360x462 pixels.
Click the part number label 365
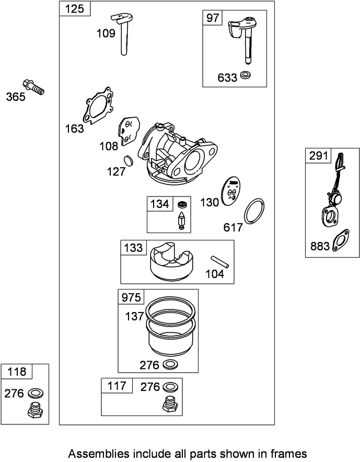click(x=16, y=97)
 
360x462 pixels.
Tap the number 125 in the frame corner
click(x=75, y=9)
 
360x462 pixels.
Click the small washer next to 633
click(x=246, y=75)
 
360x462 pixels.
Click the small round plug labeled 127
click(x=129, y=161)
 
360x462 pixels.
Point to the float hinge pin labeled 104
click(x=220, y=262)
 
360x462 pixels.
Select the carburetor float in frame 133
click(x=171, y=261)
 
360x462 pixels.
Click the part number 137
click(x=134, y=316)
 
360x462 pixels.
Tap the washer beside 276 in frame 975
click(x=170, y=364)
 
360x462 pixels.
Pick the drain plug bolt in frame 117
click(x=169, y=403)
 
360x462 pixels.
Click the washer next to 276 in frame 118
click(x=36, y=393)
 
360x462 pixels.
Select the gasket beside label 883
click(x=341, y=240)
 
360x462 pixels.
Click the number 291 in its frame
click(x=319, y=155)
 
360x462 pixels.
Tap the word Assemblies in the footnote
click(x=99, y=454)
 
